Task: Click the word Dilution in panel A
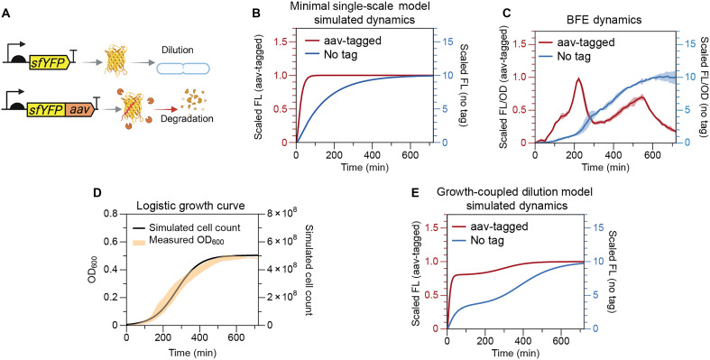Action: (x=179, y=51)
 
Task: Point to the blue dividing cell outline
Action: (x=183, y=69)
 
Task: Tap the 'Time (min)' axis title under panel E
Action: (x=514, y=351)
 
